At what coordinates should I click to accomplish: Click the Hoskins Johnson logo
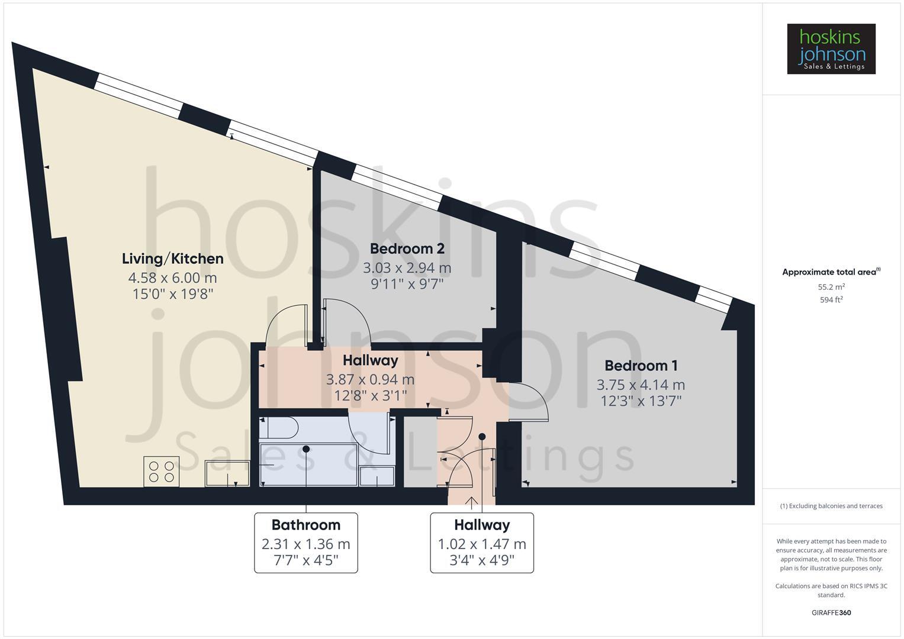click(831, 49)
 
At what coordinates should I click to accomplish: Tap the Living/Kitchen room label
click(172, 259)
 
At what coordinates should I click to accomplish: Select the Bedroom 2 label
click(407, 248)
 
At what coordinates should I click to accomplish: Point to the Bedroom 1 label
click(641, 366)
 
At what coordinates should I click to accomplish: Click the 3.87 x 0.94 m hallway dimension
click(370, 379)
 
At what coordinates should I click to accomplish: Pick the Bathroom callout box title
click(305, 525)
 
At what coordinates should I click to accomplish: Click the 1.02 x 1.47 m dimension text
click(481, 544)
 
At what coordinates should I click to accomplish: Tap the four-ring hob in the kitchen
click(162, 471)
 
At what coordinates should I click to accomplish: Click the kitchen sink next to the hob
click(227, 473)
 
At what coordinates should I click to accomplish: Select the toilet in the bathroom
click(278, 427)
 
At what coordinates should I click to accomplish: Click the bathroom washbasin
click(377, 476)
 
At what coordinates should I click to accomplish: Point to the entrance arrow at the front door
click(471, 502)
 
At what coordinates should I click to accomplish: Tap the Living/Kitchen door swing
click(287, 325)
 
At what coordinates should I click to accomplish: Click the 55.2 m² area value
click(831, 287)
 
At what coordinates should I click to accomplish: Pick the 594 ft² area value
click(831, 300)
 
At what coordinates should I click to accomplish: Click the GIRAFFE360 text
click(831, 612)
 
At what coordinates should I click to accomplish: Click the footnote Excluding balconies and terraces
click(831, 506)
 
